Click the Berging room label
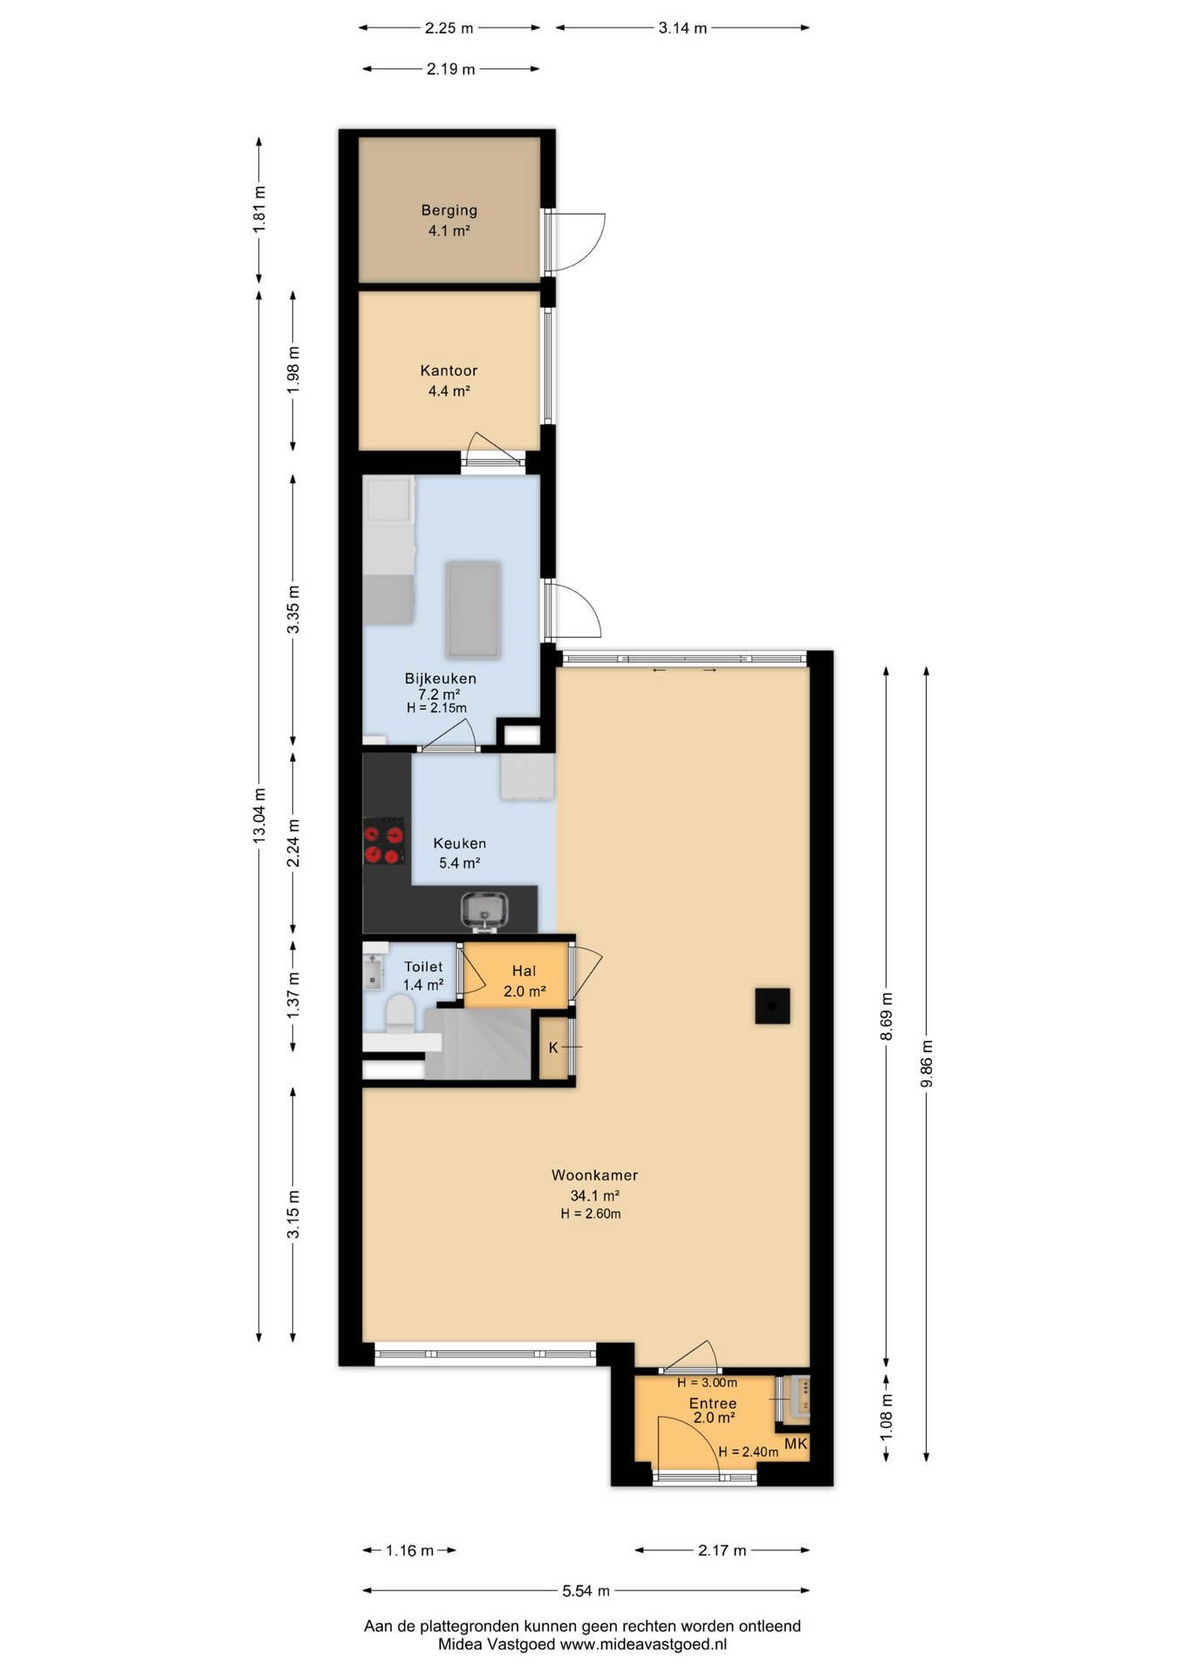449,210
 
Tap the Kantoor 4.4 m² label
449,381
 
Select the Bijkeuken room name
440,679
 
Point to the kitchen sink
485,909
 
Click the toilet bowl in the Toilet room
401,1015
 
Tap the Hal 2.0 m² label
524,981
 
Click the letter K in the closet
553,1048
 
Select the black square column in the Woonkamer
772,1006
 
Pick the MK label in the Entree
796,1444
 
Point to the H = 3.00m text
707,1383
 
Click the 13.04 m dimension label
259,815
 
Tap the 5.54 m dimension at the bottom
586,1590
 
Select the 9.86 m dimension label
927,1063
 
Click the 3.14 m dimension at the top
682,28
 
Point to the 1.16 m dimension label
410,1550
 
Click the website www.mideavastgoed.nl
643,1644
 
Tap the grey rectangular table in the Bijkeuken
474,610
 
